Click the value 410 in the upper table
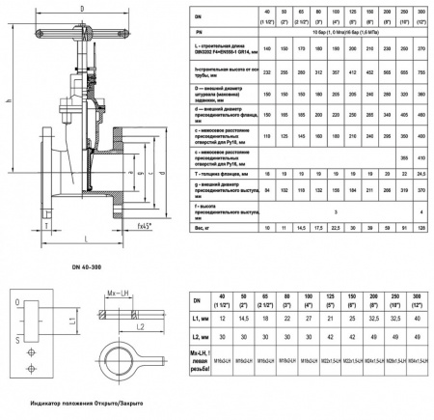click(420, 136)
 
